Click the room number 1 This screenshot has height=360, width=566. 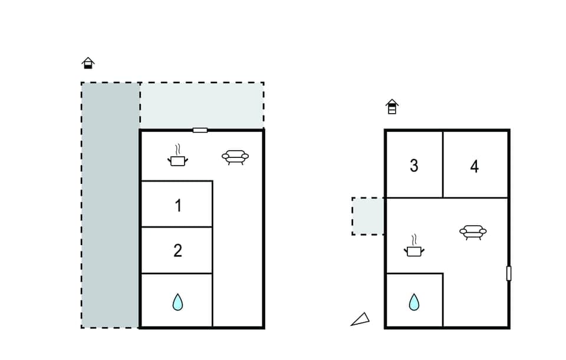click(177, 206)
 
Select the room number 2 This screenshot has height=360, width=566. click(177, 250)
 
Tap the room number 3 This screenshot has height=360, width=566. click(414, 166)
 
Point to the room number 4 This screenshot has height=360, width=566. click(475, 166)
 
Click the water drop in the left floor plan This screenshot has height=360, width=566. click(177, 302)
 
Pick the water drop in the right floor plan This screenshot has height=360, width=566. click(414, 302)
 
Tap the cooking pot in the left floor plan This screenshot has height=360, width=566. click(178, 160)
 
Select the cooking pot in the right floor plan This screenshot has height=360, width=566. click(414, 251)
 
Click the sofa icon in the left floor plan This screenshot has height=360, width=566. click(235, 156)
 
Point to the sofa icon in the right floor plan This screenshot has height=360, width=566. click(473, 232)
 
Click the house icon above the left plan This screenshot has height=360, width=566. click(88, 63)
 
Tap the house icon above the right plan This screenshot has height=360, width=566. click(392, 107)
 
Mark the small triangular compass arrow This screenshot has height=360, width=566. click(360, 319)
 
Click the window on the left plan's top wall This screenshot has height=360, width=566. click(200, 130)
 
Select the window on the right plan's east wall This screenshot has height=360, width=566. click(509, 273)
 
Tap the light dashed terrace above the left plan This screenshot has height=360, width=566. click(202, 105)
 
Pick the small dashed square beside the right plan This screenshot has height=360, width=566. click(368, 216)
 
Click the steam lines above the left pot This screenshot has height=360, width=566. click(178, 148)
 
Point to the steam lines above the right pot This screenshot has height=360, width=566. click(414, 239)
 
